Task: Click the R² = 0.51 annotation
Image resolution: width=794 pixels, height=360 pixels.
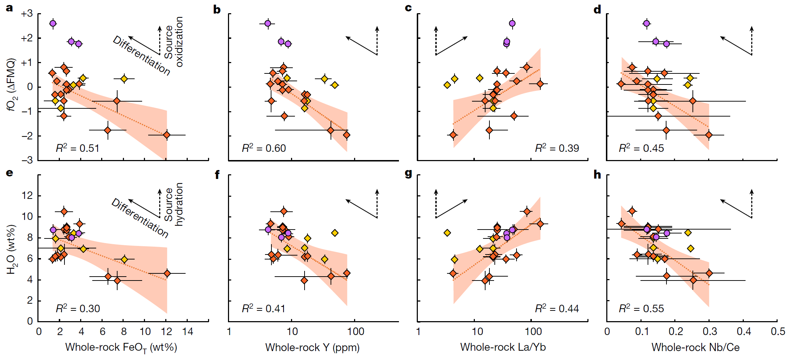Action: pos(77,148)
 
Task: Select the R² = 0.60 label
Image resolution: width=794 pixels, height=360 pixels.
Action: pos(264,148)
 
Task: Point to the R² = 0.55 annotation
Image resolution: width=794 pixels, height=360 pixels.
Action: pos(641,308)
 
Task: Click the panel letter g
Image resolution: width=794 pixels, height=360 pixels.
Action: pos(409,174)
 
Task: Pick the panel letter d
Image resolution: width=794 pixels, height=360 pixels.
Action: pos(597,10)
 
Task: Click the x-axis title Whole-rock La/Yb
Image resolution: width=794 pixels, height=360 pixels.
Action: pos(503,347)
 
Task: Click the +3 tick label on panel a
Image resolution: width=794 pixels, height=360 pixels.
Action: pos(27,14)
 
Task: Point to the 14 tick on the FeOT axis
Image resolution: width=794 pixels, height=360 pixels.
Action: pos(187,331)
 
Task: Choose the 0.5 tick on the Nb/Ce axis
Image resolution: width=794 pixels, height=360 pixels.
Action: pos(778,331)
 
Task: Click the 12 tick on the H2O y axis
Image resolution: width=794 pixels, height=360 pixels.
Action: pos(27,196)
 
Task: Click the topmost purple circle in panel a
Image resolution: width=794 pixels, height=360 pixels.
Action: pos(53,24)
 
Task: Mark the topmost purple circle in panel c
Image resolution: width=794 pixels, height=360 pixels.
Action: pos(512,24)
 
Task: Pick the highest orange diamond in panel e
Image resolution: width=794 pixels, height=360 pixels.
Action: pos(64,212)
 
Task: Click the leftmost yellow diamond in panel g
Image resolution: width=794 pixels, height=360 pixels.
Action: pos(447,233)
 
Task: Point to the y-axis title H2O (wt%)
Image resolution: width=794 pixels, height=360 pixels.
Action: pos(11,250)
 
